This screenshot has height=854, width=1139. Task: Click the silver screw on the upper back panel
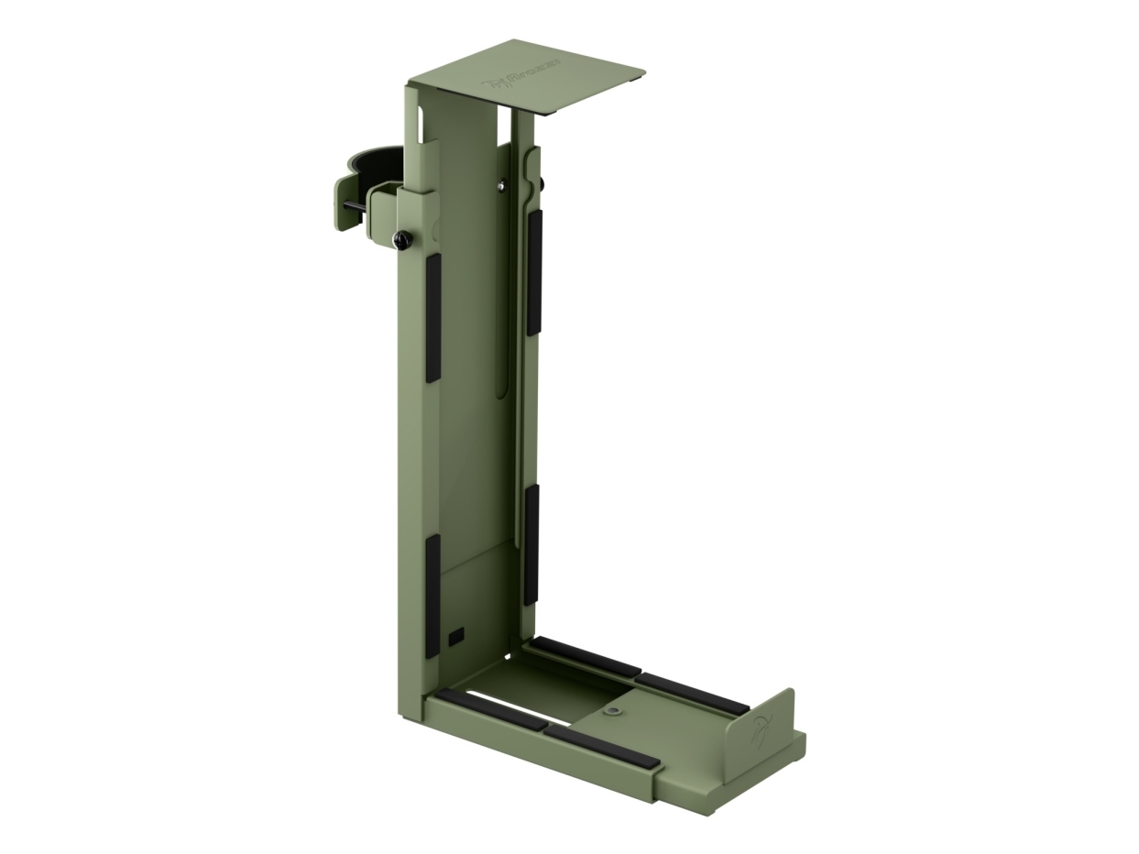pos(501,187)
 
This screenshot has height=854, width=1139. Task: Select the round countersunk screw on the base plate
pos(612,710)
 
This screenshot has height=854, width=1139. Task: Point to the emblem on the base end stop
pos(762,729)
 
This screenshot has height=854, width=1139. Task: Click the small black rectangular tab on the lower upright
pos(456,635)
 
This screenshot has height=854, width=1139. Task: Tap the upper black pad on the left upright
pos(433,317)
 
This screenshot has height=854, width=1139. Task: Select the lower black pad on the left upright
pos(433,596)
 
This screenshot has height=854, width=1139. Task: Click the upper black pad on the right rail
pos(534,272)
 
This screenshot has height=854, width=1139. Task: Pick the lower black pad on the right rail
pos(531,544)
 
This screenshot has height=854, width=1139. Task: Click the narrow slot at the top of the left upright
pos(421,125)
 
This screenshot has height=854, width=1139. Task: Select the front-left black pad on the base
pos(490,710)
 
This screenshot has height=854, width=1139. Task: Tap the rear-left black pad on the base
pos(585,657)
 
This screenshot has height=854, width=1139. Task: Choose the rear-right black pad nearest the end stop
pos(693,694)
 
